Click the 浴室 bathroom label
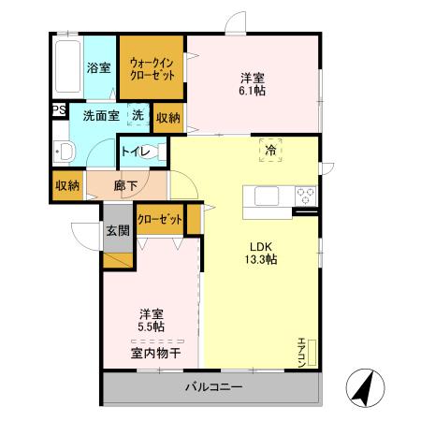(x=98, y=67)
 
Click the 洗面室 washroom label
(x=99, y=117)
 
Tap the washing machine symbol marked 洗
(x=138, y=116)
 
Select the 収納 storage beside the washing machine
(x=168, y=117)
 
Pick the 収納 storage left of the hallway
(x=66, y=184)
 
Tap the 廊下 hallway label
(x=125, y=185)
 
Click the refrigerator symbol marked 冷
(x=269, y=150)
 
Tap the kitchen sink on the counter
(x=263, y=196)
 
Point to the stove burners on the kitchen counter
(x=304, y=196)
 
